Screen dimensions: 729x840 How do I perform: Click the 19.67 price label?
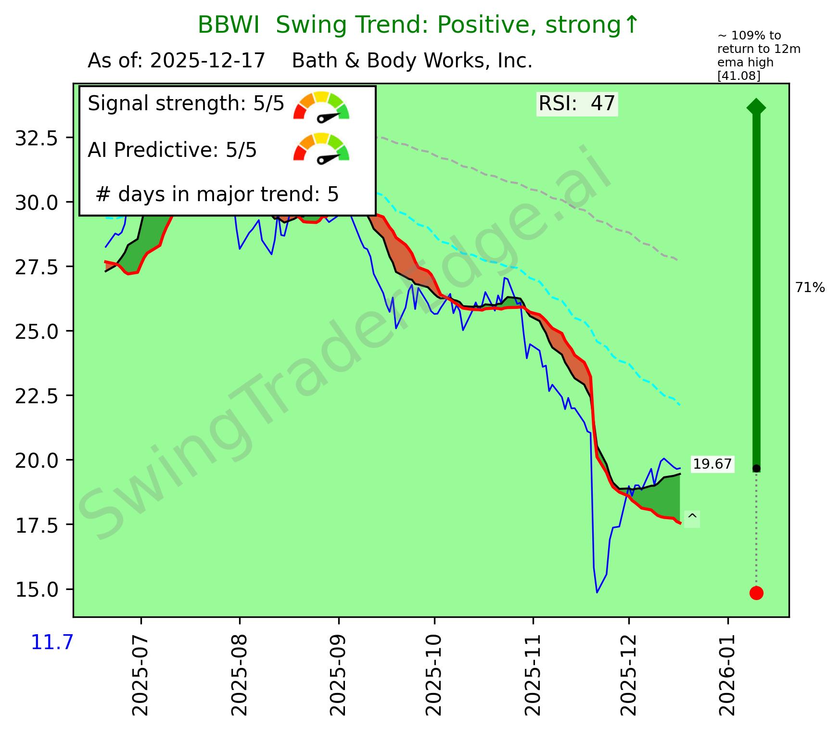pos(712,464)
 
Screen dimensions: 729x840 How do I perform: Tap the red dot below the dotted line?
pos(756,593)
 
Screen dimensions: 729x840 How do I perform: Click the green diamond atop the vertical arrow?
pos(756,107)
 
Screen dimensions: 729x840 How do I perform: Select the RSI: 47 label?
pos(576,103)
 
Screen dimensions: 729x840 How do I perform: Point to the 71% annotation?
pos(810,288)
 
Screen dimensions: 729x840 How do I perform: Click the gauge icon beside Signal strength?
pos(321,106)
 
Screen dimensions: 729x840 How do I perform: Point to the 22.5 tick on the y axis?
pos(43,396)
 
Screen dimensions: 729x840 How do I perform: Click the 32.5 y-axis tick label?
pos(43,138)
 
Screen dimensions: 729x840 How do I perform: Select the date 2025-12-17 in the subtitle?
pos(208,61)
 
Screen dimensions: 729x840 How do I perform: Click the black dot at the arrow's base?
pos(756,468)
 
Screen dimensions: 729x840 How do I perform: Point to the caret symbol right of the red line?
pos(692,519)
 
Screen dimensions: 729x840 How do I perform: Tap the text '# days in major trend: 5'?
pos(217,194)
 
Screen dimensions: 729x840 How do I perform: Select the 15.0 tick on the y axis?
pos(43,589)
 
